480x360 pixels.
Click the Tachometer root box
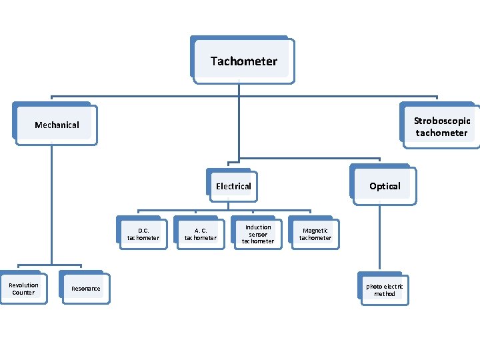(x=243, y=61)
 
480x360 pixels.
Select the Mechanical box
(x=57, y=125)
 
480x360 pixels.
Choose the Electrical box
(x=233, y=186)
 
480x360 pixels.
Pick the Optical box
(x=385, y=186)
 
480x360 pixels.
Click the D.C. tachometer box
(x=143, y=234)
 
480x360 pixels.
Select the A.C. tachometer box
(x=200, y=234)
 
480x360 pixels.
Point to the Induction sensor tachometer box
(x=257, y=234)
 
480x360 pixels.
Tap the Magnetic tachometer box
(x=315, y=234)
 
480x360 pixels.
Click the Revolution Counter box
(x=23, y=289)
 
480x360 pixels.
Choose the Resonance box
(x=85, y=289)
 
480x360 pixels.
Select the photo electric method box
(x=384, y=290)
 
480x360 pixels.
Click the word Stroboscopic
(x=442, y=121)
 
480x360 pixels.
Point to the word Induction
(x=258, y=227)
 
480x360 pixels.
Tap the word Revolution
(x=23, y=285)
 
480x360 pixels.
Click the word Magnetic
(x=315, y=231)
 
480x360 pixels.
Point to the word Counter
(x=23, y=293)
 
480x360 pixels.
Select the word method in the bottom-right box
(x=385, y=294)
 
